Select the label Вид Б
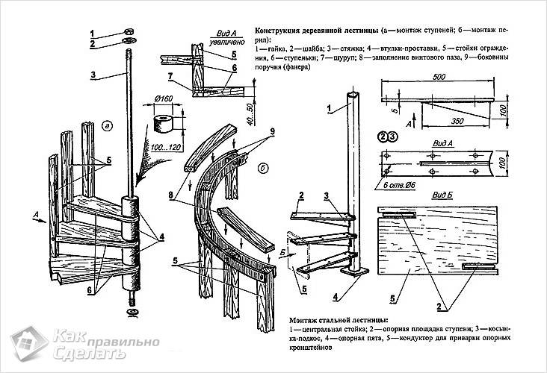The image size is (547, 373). pos(442,195)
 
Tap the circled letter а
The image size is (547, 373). pos(107,125)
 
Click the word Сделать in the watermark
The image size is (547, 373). pos(81,354)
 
